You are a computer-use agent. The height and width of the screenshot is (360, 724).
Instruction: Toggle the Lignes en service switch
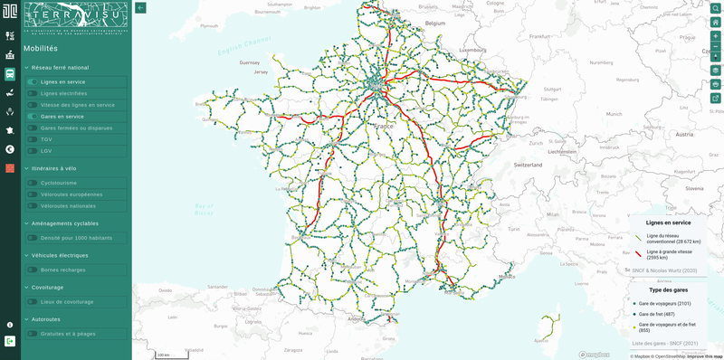click(x=33, y=82)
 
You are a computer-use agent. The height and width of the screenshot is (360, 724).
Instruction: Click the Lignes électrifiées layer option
click(x=63, y=93)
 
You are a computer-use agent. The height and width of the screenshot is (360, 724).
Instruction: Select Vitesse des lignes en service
click(x=78, y=105)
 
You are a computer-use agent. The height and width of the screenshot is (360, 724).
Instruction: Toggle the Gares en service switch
click(x=33, y=117)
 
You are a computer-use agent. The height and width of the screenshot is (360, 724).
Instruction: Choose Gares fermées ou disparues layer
click(x=76, y=128)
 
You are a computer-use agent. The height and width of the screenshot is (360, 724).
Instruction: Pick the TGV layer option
click(x=46, y=139)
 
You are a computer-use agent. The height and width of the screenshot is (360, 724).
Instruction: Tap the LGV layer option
click(x=46, y=151)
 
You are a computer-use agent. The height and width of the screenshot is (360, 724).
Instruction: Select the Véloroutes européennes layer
click(x=71, y=194)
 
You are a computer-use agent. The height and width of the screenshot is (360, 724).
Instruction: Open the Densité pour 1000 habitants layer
click(x=75, y=238)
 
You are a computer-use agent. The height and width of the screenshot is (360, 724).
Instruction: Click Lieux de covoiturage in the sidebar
click(x=66, y=301)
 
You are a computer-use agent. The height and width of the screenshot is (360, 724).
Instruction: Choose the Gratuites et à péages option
click(x=68, y=334)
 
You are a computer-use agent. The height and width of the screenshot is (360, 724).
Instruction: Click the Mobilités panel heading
click(x=41, y=49)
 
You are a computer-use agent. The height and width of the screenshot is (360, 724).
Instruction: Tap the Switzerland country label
click(x=527, y=166)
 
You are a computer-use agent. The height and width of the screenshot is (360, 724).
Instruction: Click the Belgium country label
click(x=437, y=23)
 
